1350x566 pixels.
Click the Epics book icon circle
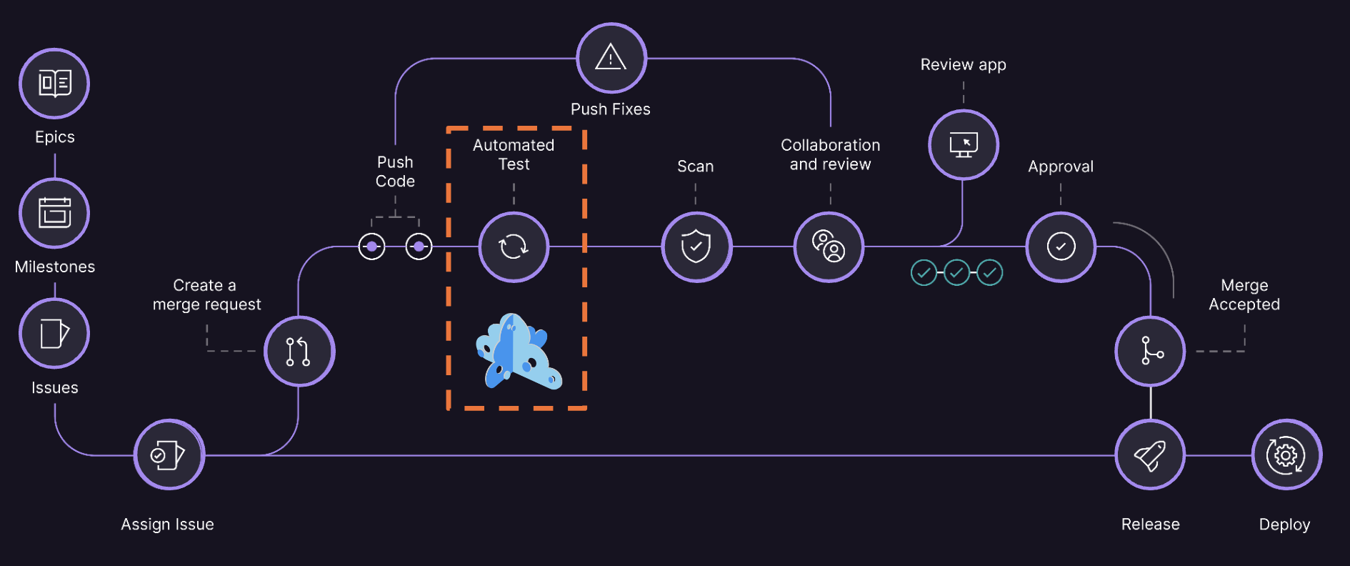[54, 84]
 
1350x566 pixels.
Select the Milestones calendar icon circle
[54, 213]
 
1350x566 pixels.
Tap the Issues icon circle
[54, 334]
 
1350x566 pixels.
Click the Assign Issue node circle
[169, 455]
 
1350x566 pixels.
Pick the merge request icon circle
[299, 351]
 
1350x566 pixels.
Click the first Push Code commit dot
[371, 247]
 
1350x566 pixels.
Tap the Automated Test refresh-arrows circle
[514, 247]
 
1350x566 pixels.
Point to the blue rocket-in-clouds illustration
[518, 352]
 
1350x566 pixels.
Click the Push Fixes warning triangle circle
[611, 58]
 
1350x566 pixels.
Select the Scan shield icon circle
[696, 247]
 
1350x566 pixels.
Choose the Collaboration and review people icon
[829, 247]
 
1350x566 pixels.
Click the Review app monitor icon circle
[963, 144]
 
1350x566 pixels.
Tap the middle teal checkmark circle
[956, 272]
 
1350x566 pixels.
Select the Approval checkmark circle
[1061, 247]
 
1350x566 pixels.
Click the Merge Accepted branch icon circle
[1150, 351]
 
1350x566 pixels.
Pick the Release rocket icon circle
[1150, 455]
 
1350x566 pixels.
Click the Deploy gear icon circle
[1286, 455]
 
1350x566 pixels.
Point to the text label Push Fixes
[611, 109]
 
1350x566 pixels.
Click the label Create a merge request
[206, 295]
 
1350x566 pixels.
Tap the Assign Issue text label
[167, 525]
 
